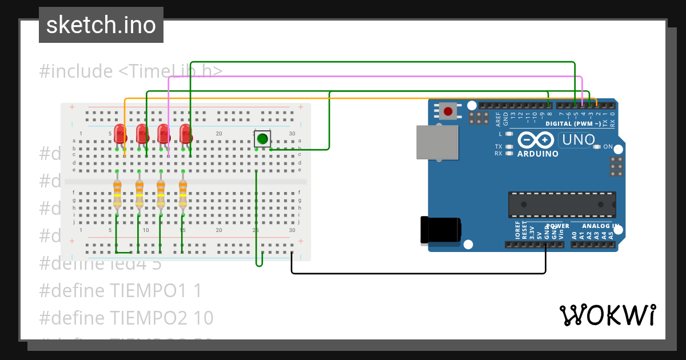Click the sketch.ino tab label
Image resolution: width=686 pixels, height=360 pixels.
(101, 25)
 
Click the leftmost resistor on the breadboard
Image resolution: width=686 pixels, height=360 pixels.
(117, 193)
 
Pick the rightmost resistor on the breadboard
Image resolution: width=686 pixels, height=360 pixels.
(183, 193)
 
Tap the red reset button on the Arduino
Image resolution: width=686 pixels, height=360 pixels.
(448, 110)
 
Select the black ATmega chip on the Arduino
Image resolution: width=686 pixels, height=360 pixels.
(562, 205)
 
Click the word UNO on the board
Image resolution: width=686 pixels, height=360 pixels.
(579, 139)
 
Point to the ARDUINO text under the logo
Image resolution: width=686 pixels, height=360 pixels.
(537, 154)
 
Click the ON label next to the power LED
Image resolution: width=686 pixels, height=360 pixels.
(608, 147)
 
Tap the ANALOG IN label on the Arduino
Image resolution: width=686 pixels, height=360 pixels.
(595, 226)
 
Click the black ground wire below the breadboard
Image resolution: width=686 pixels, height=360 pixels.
(417, 273)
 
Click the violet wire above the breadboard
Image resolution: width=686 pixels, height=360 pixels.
(372, 77)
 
